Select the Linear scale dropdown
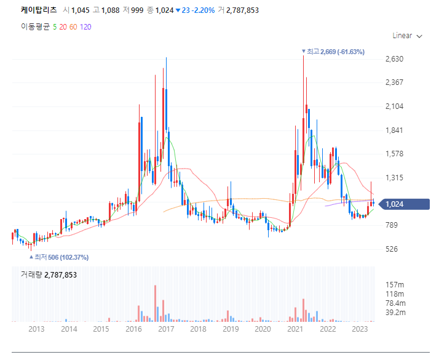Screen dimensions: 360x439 tap(407, 36)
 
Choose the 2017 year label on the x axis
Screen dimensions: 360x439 tap(165, 329)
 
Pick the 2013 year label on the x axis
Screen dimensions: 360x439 tap(36, 329)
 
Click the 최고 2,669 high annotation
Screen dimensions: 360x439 tap(335, 52)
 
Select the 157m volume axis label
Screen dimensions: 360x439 tap(394, 284)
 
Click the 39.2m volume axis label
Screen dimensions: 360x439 tap(395, 313)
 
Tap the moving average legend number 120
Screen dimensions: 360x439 tap(85, 26)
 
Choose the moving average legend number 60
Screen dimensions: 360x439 tap(73, 26)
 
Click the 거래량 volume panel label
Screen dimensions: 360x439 tap(49, 274)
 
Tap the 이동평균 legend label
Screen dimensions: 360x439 tap(35, 26)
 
